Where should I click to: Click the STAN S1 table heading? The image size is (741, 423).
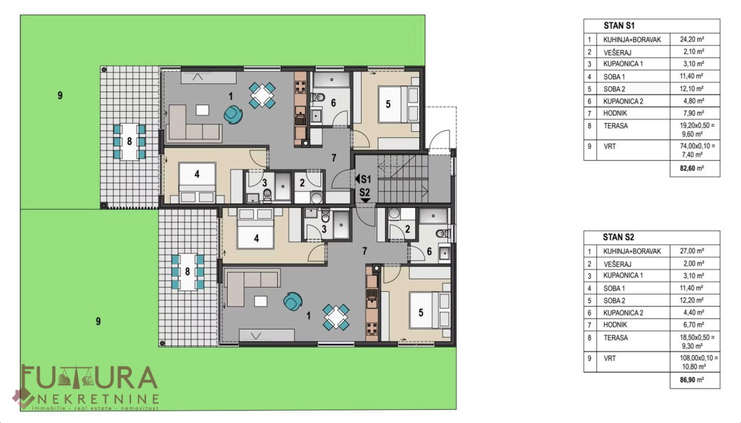(619, 25)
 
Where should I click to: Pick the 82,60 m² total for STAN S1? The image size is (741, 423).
(692, 168)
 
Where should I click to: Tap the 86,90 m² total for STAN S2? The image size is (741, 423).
(692, 380)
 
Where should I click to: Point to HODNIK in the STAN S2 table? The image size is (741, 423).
(615, 325)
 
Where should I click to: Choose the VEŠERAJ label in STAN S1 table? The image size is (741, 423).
(617, 52)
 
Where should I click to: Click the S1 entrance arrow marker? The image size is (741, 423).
(357, 179)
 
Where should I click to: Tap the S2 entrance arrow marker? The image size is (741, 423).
(365, 201)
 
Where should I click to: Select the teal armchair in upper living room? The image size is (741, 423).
(233, 114)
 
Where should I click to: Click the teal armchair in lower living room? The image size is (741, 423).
(293, 301)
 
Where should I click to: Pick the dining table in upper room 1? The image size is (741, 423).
(262, 95)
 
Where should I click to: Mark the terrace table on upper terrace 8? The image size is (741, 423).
(129, 141)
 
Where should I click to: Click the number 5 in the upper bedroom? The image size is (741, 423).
(388, 104)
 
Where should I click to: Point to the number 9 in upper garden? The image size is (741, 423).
(60, 95)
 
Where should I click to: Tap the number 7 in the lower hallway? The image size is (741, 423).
(364, 251)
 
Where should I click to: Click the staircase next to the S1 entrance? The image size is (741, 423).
(403, 179)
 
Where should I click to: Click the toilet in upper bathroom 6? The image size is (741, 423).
(320, 98)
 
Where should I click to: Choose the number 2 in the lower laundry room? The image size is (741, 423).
(408, 229)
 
